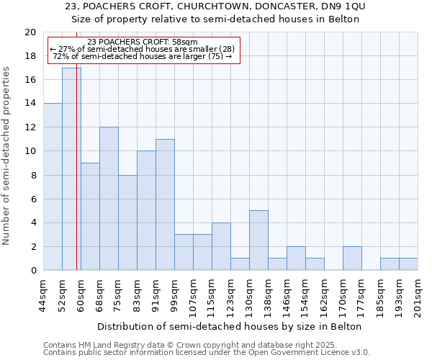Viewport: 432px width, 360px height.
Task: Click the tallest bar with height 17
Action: (x=71, y=169)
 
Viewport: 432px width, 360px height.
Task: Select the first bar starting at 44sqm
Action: (x=53, y=187)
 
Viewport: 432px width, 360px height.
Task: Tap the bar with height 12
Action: (x=109, y=199)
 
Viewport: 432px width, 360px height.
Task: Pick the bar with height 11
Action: (x=165, y=204)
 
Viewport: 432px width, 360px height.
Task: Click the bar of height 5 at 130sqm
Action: (x=258, y=240)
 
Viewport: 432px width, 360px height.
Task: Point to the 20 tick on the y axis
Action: (x=30, y=32)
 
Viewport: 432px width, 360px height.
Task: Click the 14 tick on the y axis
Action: (x=30, y=104)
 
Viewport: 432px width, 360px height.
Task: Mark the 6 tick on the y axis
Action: (x=33, y=199)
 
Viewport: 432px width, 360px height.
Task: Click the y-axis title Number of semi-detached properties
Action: (x=7, y=156)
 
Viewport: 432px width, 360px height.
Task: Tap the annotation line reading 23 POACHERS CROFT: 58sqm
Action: (x=142, y=42)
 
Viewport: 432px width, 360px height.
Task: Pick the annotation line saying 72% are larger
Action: (x=142, y=56)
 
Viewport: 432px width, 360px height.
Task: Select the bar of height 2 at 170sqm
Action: (x=352, y=258)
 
